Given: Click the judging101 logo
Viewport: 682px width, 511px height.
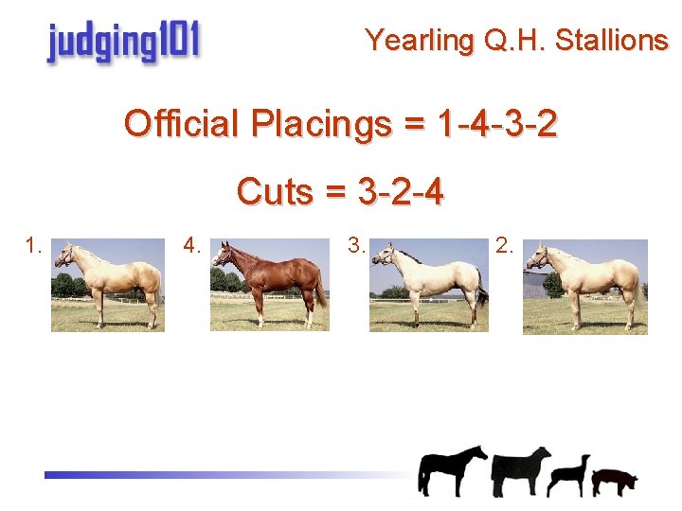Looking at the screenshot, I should [124, 43].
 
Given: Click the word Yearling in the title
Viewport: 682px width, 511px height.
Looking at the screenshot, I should [406, 41].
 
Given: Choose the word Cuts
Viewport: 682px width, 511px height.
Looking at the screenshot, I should [275, 191].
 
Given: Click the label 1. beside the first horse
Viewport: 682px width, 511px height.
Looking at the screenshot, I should [34, 247].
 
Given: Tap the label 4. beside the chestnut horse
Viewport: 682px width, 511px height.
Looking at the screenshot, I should [193, 247].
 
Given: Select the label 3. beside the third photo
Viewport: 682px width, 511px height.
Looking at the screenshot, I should [356, 247].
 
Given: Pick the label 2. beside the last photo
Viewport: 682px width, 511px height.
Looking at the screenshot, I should [505, 247].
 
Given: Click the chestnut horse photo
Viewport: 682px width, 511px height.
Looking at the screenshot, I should [270, 285].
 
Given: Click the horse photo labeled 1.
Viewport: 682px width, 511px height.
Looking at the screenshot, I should [108, 285].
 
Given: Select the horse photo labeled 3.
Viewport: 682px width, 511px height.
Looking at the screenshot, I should [429, 285].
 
